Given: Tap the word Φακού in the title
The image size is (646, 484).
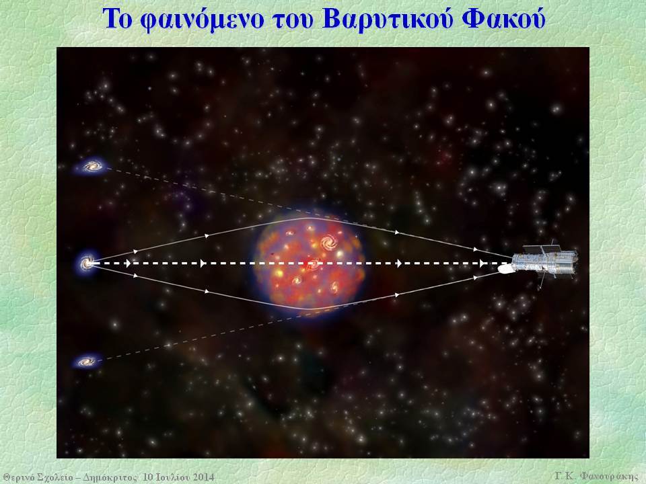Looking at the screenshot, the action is (503, 19).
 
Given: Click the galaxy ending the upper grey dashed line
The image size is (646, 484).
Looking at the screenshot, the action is (92, 166).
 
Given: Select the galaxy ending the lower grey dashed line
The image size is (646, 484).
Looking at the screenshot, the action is (87, 362).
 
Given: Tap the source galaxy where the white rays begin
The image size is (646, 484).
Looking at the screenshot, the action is (87, 263).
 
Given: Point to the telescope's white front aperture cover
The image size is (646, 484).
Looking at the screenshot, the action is (505, 269).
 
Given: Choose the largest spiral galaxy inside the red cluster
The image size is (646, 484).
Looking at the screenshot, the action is (330, 243).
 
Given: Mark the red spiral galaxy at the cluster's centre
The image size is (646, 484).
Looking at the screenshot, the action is (312, 264).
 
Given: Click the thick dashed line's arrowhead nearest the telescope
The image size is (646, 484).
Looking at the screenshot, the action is (482, 264).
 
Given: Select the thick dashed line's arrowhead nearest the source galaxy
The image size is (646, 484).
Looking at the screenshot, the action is (128, 264).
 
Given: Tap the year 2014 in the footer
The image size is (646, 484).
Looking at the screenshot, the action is (202, 477).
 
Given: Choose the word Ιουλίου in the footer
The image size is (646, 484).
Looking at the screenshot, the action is (172, 477).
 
